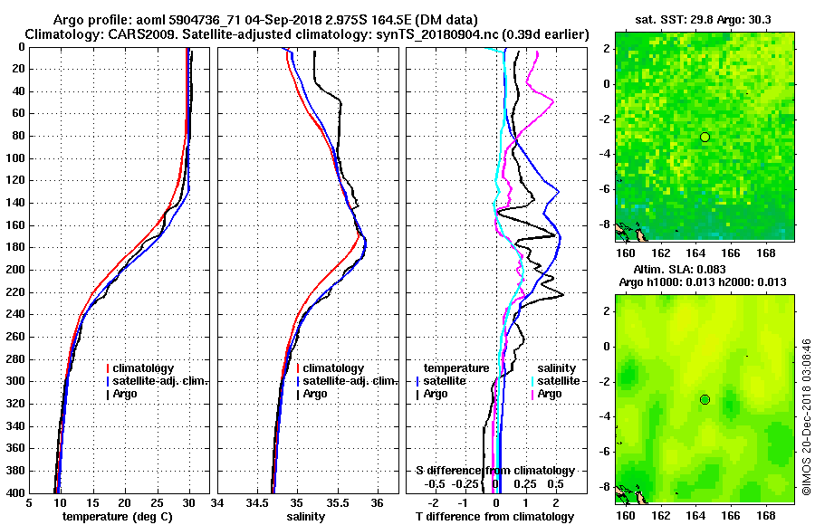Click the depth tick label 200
tap(14, 270)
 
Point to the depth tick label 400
tap(14, 493)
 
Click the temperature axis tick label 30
tap(188, 502)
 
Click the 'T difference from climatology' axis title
tap(494, 516)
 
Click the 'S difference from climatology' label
tap(494, 471)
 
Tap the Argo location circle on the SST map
tap(705, 137)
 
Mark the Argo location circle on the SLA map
tap(705, 399)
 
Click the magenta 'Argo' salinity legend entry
tap(550, 394)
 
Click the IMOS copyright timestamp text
tap(805, 416)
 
